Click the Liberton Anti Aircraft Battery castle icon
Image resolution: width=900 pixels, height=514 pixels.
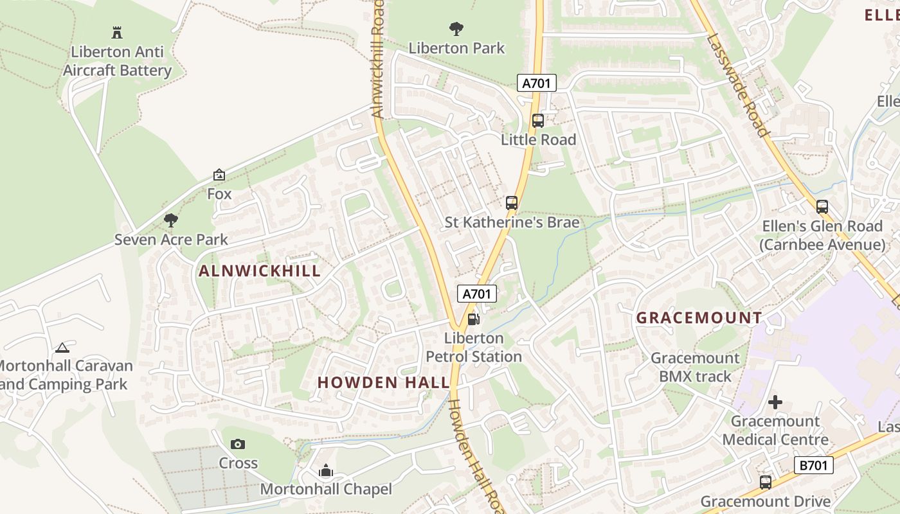(117, 32)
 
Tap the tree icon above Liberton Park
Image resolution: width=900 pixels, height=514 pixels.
(456, 28)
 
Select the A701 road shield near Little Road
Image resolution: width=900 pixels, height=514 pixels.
(536, 83)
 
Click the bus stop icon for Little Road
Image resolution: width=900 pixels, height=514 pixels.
(538, 120)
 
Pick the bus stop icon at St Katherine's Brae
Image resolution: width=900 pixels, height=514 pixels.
(512, 203)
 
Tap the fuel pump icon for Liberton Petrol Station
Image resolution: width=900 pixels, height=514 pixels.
(473, 319)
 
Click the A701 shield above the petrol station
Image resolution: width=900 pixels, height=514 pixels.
(477, 294)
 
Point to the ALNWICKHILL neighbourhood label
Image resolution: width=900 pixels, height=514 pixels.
(260, 271)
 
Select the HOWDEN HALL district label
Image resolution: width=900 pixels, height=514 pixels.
(383, 382)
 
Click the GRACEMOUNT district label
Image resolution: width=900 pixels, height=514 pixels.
(699, 317)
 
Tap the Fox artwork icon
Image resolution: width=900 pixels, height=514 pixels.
(219, 175)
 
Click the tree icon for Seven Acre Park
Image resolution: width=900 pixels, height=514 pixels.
(170, 220)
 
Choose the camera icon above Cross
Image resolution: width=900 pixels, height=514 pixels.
(238, 444)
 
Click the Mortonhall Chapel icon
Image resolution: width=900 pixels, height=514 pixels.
(326, 471)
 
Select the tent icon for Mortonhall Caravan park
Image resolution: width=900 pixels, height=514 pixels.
(62, 348)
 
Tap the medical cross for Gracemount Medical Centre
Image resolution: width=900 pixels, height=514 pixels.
(775, 403)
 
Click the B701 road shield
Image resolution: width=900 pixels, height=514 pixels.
(813, 465)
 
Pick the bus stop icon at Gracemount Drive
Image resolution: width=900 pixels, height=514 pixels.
(765, 482)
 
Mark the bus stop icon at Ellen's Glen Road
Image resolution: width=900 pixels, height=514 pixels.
(822, 207)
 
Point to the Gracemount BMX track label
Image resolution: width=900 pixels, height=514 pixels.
(695, 367)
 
